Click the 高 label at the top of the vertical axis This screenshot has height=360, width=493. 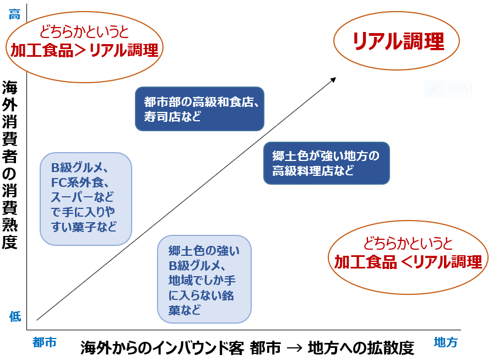point(15,15)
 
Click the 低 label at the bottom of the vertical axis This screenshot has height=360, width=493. point(15,316)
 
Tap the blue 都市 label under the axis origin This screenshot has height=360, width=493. point(45,342)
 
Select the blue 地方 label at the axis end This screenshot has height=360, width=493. point(446,342)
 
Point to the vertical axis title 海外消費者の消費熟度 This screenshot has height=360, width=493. point(10,165)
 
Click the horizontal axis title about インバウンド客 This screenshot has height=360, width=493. point(247,348)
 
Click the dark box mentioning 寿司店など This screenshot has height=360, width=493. point(199,109)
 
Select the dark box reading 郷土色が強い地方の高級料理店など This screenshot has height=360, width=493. point(327,163)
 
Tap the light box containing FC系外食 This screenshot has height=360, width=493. point(86,198)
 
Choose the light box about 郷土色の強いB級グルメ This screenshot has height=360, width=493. point(204,279)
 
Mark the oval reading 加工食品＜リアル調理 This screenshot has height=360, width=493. point(408,254)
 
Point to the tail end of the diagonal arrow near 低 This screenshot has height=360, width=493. point(37,319)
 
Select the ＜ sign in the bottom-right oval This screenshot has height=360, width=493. point(405,262)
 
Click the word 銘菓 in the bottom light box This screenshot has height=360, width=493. point(229,295)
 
